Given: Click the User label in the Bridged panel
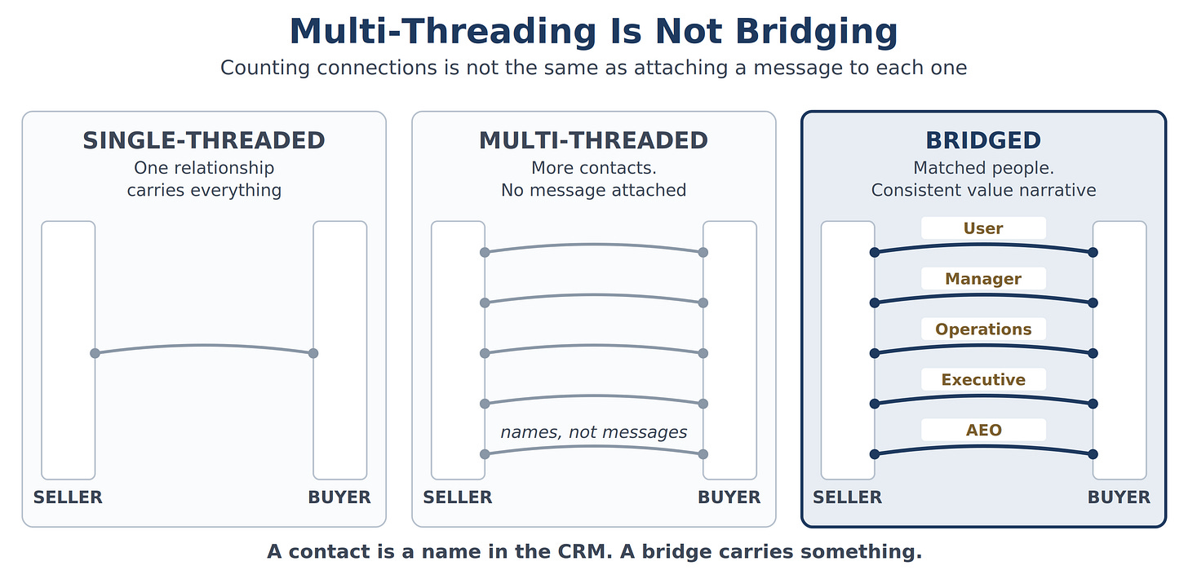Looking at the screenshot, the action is pos(983,228).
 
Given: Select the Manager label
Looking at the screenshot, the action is pos(983,279).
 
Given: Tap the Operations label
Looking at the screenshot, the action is pos(983,329).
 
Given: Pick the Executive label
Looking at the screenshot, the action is pos(983,380).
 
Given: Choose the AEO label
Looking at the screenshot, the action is pos(983,430).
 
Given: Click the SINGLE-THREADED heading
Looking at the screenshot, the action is pos(204,140).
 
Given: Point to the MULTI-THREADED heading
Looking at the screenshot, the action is pos(593,140).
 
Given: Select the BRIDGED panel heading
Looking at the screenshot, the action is pos(983,140).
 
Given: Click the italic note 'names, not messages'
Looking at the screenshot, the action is pos(593,432).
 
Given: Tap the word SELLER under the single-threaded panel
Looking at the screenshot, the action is pos(68,497).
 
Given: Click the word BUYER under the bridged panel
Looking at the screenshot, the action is pos(1119,497).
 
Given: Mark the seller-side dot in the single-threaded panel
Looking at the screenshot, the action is pos(95,353).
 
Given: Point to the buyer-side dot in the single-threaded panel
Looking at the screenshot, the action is pos(313,353).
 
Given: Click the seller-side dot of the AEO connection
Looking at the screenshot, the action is pos(875,454).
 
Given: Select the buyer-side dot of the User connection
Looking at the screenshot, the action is pos(1093,252).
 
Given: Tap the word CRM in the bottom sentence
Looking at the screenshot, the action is pos(584,551).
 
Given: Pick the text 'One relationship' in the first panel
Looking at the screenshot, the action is pos(204,167).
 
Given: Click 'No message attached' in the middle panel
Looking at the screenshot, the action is pos(593,190).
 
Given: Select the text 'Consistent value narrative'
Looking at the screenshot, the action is pos(983,190).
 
